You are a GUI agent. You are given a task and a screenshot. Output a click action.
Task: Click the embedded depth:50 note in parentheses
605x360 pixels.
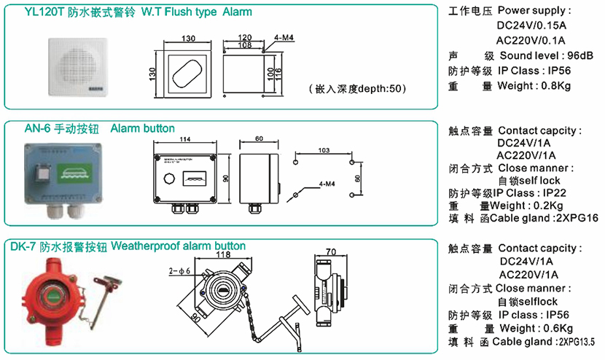[x=357, y=88]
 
